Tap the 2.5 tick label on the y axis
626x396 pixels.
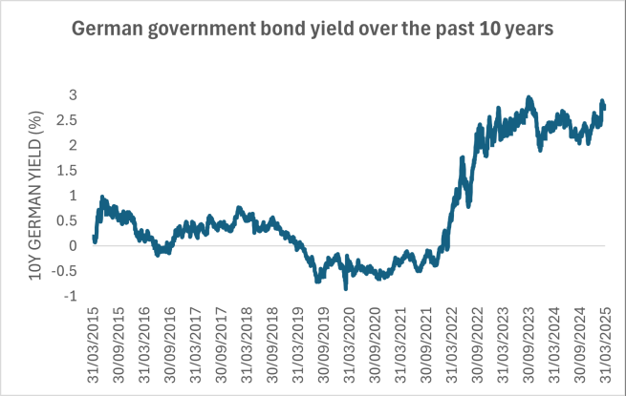67,120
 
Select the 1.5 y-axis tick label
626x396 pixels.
67,171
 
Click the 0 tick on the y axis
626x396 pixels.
73,246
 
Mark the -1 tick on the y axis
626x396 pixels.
70,296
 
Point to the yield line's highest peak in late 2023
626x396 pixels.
529,97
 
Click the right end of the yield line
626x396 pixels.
605,108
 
